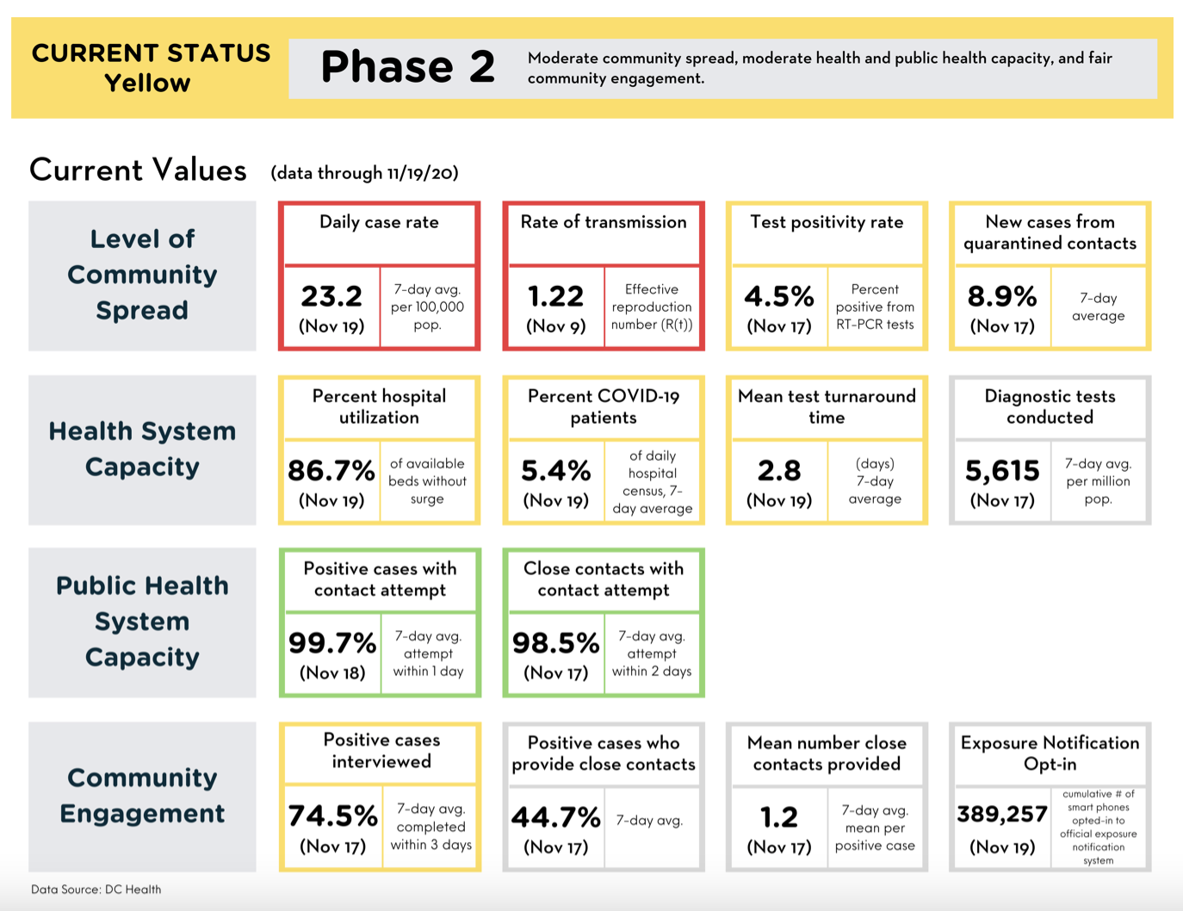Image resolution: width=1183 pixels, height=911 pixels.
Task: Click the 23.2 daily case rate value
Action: (x=331, y=296)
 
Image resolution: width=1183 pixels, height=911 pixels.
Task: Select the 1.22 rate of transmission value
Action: (x=555, y=296)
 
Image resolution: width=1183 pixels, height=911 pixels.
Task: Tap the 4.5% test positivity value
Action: (x=779, y=296)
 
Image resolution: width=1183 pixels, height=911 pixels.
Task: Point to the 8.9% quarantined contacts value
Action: (x=1002, y=296)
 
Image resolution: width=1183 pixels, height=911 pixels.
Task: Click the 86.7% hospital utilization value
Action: (x=331, y=471)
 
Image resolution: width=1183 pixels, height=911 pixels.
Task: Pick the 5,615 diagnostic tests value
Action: (x=1002, y=471)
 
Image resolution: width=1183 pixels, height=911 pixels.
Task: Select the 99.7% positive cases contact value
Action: (x=332, y=643)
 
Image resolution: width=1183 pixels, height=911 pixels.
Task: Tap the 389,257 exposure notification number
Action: (x=1002, y=815)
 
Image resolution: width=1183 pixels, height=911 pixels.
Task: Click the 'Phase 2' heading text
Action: (x=408, y=67)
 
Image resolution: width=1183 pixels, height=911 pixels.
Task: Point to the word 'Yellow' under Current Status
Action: (x=147, y=84)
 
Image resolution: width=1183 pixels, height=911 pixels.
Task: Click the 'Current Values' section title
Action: (x=138, y=170)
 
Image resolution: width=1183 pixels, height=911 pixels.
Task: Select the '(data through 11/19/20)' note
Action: (x=365, y=173)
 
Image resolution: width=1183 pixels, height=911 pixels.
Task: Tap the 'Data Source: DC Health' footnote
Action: (x=96, y=889)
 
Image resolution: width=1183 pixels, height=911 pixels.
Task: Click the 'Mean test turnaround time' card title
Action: (x=827, y=406)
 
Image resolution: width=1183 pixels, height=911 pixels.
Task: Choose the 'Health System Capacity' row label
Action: (x=142, y=449)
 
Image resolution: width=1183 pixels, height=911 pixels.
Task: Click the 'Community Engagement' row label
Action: (x=142, y=796)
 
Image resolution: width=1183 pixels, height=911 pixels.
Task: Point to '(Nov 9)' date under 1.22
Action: (x=556, y=326)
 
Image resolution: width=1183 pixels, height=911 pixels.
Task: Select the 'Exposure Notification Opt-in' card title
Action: (x=1050, y=753)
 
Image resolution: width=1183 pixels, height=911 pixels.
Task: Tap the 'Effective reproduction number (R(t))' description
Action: (x=652, y=307)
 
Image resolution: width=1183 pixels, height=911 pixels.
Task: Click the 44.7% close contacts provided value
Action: (x=556, y=817)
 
